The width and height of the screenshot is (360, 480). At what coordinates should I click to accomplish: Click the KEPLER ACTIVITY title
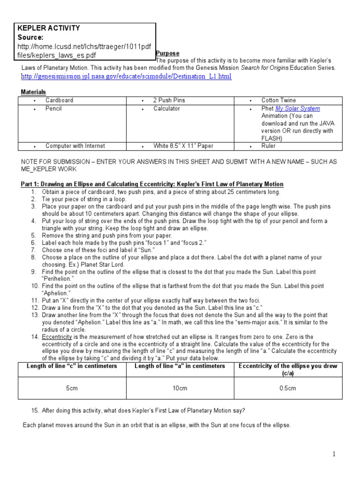click(49, 28)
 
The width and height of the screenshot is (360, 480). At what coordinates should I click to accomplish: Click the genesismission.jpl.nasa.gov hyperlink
click(126, 76)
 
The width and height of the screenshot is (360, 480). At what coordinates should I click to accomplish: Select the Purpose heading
click(167, 53)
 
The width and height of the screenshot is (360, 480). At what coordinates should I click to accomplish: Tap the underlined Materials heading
click(34, 92)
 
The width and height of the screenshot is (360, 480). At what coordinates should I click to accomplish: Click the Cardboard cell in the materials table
click(59, 100)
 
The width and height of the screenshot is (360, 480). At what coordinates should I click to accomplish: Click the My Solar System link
click(298, 109)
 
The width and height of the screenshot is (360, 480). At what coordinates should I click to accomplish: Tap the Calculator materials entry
click(166, 109)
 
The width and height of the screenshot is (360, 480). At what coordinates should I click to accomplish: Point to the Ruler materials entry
click(269, 146)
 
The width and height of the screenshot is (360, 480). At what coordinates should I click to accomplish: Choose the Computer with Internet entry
click(75, 146)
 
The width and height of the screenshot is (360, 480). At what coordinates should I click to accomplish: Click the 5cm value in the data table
click(72, 388)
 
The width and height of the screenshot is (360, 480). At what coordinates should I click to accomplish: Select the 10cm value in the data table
click(180, 388)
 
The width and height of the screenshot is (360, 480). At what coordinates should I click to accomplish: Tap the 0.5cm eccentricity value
click(288, 388)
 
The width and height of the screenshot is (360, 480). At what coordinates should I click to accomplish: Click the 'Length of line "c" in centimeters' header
click(72, 366)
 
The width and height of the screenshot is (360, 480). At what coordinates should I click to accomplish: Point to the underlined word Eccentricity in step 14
click(57, 337)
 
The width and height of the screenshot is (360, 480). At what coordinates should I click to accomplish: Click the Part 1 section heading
click(152, 184)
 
